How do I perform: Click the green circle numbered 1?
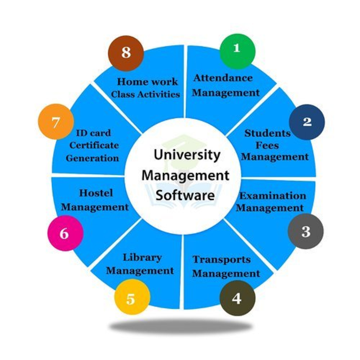click(237, 51)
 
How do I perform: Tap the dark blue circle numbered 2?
click(307, 122)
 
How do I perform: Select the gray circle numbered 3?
click(306, 231)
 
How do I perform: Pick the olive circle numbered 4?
click(237, 298)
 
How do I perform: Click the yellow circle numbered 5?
click(132, 297)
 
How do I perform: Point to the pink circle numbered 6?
click(66, 233)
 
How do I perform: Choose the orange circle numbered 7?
click(56, 122)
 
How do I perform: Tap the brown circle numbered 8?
click(126, 53)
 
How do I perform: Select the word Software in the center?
click(185, 195)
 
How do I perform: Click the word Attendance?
click(223, 78)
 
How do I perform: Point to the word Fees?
click(267, 145)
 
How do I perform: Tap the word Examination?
click(273, 196)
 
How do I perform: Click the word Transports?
click(222, 260)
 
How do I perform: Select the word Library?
click(142, 258)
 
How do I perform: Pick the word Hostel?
click(96, 193)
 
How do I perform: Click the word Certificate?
click(94, 145)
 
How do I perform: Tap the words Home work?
click(147, 82)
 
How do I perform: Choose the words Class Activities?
click(145, 94)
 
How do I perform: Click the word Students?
click(267, 134)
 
